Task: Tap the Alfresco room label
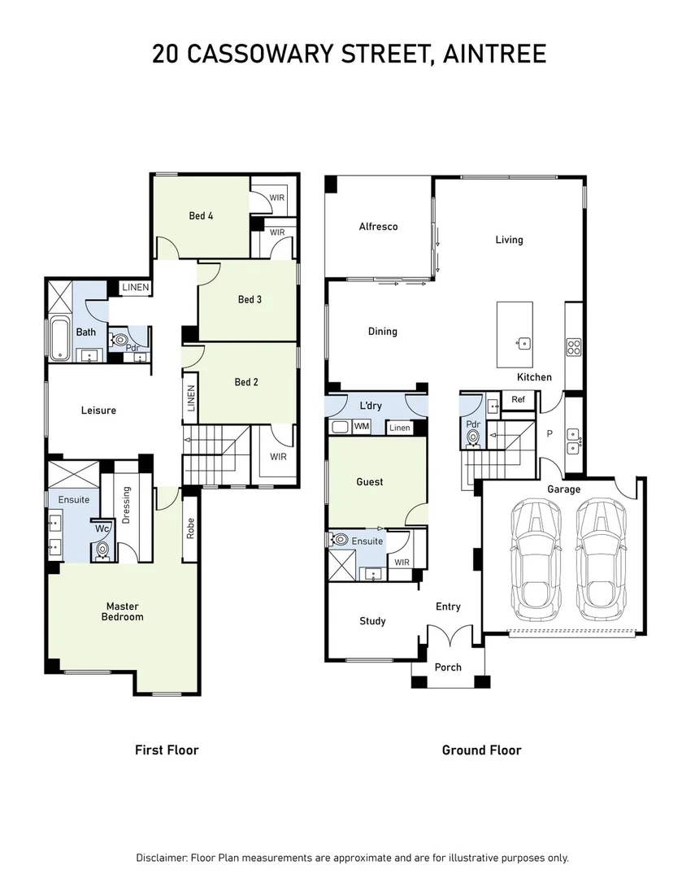378,226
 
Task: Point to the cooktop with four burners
573,347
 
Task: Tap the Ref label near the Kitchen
518,399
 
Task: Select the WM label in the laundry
362,426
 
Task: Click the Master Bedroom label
124,611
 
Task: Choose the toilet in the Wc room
102,550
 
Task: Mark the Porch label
448,667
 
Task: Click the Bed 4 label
202,215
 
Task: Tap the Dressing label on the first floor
126,506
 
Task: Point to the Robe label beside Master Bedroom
191,529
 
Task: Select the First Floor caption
167,750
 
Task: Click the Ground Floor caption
481,750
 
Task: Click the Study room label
372,621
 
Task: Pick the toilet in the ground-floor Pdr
473,437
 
